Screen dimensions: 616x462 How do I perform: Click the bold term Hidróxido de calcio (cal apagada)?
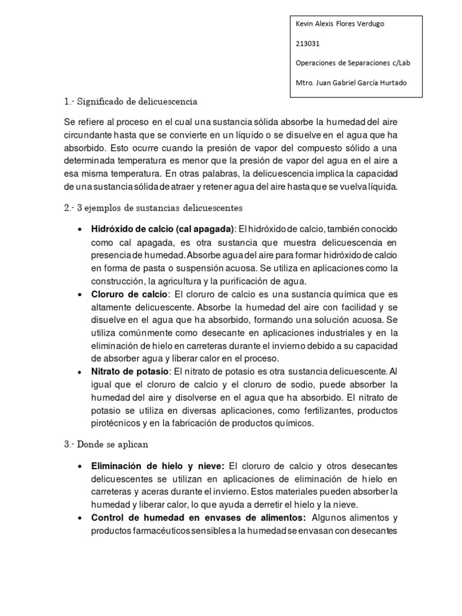click(x=162, y=230)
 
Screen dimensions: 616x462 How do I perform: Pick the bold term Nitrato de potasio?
click(x=131, y=371)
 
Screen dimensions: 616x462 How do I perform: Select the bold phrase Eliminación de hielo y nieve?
click(x=158, y=466)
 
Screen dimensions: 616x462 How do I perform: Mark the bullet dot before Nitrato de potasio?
click(x=81, y=371)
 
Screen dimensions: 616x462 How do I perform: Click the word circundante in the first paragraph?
click(x=92, y=134)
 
